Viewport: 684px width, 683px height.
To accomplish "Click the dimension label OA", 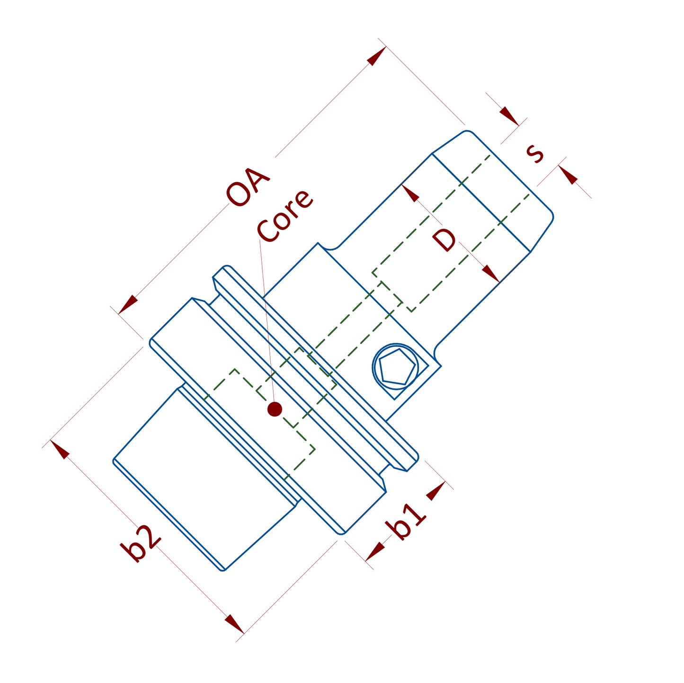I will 248,187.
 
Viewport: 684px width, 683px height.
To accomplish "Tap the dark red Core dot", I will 275,409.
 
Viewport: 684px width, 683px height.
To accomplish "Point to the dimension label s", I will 535,152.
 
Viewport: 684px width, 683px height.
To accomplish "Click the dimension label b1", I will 406,522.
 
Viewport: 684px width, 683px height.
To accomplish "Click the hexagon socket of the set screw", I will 397,367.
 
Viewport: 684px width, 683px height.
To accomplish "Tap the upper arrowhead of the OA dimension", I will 377,56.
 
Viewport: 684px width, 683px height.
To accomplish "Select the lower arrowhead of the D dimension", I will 491,274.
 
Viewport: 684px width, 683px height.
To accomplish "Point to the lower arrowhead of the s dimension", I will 568,175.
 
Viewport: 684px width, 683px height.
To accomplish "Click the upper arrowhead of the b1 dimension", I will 436,491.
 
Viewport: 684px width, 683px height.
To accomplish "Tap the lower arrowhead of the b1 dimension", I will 375,551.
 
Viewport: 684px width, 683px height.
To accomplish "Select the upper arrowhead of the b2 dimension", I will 60,449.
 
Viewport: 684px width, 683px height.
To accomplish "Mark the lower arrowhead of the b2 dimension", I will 234,624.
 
